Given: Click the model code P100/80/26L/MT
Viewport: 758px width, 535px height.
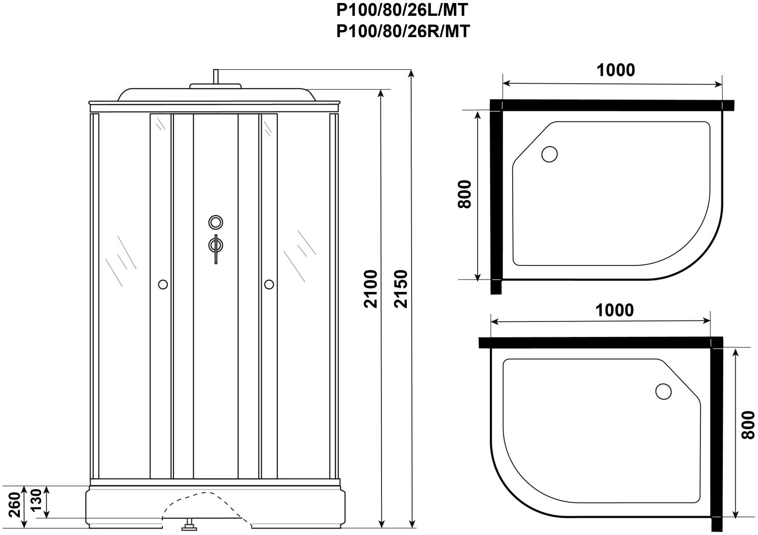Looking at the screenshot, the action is pyautogui.click(x=402, y=10).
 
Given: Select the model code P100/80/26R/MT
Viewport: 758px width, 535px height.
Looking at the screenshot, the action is pyautogui.click(x=403, y=32).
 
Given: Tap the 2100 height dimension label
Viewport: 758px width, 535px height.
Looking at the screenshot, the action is pyautogui.click(x=371, y=289).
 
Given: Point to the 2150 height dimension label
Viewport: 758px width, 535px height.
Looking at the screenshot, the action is pyautogui.click(x=402, y=289).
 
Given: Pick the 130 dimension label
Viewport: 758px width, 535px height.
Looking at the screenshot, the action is pyautogui.click(x=36, y=499).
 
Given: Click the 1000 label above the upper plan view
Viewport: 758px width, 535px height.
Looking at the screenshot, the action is pyautogui.click(x=615, y=70).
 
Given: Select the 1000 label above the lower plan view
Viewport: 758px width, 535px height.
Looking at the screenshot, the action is pyautogui.click(x=614, y=310).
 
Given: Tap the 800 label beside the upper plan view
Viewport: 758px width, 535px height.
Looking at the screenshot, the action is pyautogui.click(x=464, y=194).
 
